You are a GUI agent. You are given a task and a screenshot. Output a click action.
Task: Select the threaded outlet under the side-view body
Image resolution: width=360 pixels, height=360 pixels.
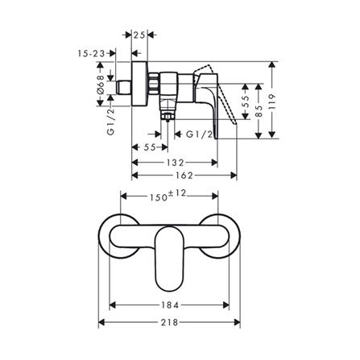[x=168, y=117]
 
